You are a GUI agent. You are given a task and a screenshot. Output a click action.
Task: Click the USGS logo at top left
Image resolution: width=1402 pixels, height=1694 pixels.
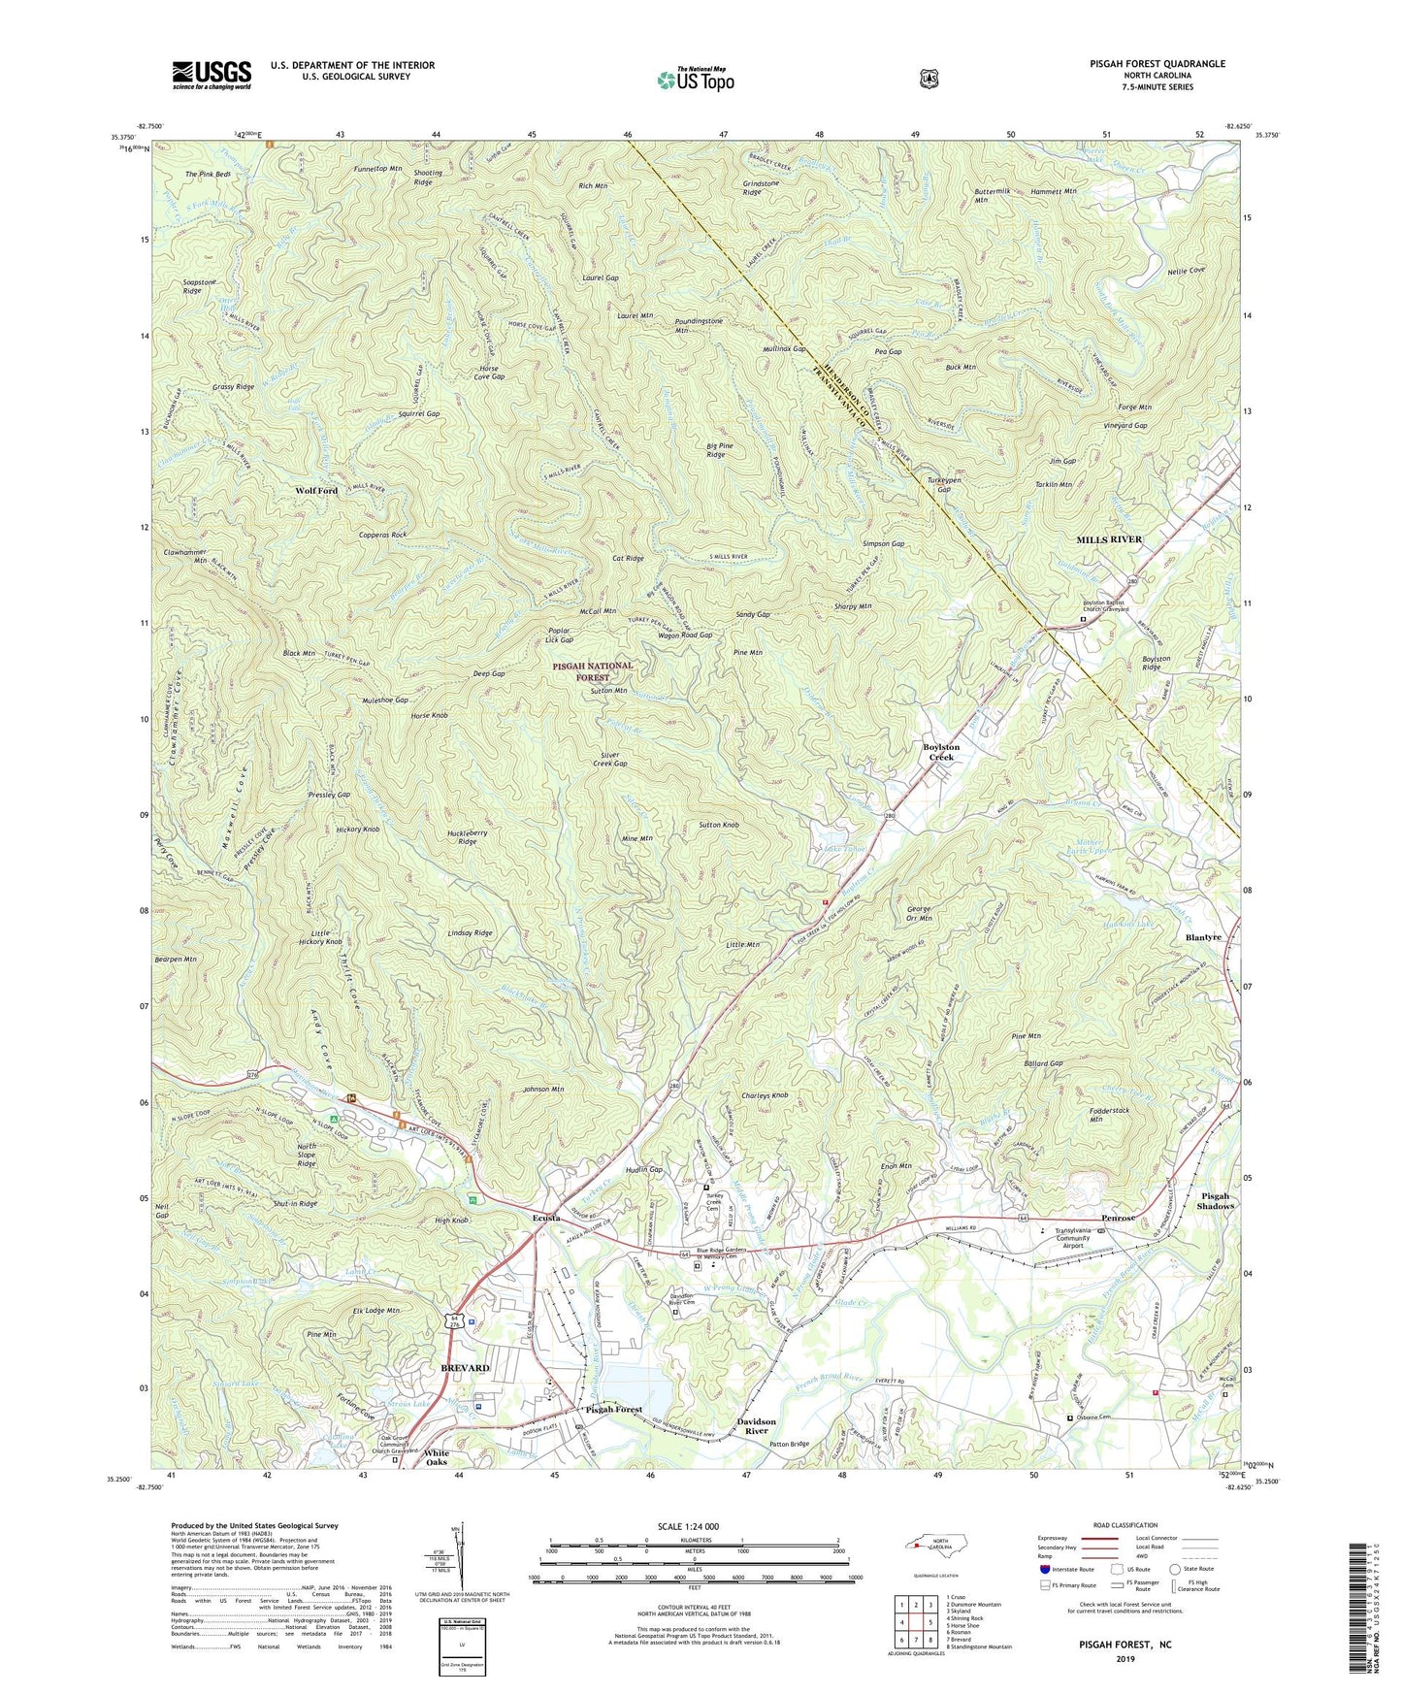pos(212,75)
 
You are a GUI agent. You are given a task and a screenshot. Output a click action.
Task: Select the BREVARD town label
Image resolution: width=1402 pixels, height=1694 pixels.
pos(465,1368)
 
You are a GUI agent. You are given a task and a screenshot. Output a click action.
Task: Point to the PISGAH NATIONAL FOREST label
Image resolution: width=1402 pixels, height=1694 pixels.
pos(593,671)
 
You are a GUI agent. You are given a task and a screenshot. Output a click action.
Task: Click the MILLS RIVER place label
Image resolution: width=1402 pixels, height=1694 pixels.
pos(1109,538)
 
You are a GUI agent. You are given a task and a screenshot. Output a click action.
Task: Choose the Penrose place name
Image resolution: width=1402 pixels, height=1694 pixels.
pos(1125,1218)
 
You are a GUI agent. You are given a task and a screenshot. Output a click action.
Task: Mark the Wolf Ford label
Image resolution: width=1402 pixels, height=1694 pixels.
pos(316,491)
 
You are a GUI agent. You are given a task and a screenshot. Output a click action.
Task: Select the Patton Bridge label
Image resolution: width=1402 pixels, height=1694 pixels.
pos(789,1445)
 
